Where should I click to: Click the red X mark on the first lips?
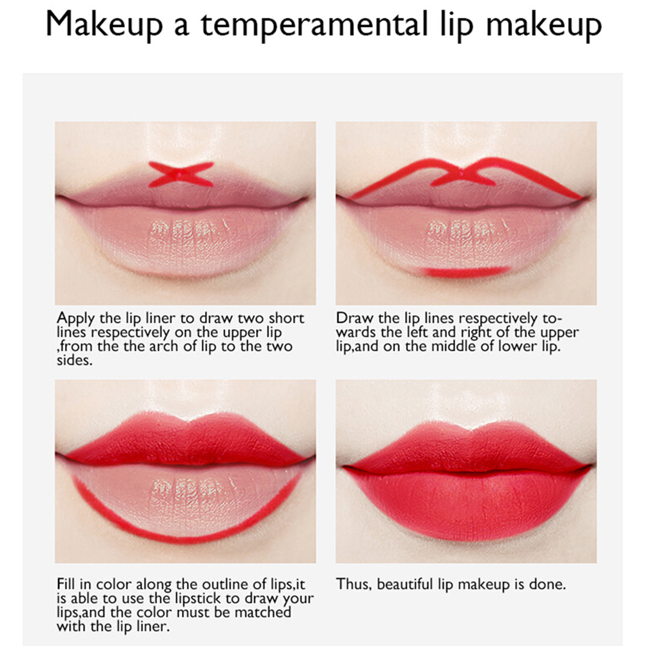click(x=181, y=174)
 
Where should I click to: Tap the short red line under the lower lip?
click(x=462, y=272)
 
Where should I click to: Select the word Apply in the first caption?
click(x=75, y=319)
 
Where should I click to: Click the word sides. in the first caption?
click(x=75, y=360)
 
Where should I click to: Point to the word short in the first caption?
click(x=287, y=318)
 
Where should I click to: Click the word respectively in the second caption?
click(x=498, y=319)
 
